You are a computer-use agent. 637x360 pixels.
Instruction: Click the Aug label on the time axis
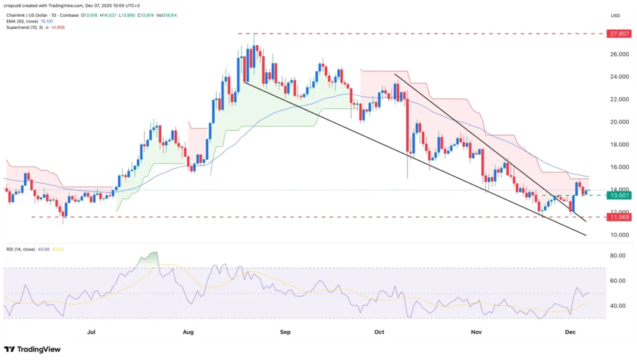click(x=188, y=333)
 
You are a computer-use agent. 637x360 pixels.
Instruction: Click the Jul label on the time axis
click(x=91, y=333)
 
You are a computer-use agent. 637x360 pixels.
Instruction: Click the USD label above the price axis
click(x=615, y=16)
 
